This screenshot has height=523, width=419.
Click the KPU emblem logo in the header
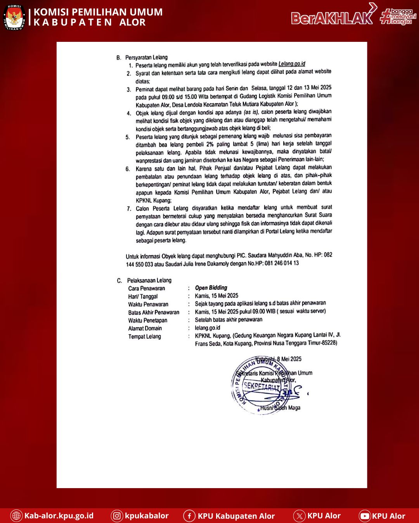click(x=14, y=17)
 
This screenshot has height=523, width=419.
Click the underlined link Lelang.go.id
click(x=292, y=64)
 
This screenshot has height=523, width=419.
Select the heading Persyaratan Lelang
click(x=146, y=57)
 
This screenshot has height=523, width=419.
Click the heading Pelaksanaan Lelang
click(x=149, y=280)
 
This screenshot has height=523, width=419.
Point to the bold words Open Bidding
click(x=211, y=288)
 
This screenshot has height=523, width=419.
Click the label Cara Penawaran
click(x=147, y=288)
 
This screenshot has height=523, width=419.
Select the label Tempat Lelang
click(x=145, y=336)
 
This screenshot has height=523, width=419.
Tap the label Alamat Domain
click(x=145, y=328)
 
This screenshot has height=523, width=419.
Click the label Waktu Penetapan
click(x=148, y=320)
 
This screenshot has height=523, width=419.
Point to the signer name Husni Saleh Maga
click(x=280, y=408)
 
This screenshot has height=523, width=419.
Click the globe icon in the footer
click(x=16, y=516)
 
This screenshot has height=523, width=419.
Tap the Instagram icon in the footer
click(x=117, y=516)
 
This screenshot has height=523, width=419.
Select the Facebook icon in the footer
click(x=189, y=516)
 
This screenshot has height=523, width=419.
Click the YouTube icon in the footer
click(x=365, y=516)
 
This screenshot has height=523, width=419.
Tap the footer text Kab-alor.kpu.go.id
click(x=59, y=516)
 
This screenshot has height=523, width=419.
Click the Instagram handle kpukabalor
click(x=147, y=516)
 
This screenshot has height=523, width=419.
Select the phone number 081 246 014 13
click(x=282, y=263)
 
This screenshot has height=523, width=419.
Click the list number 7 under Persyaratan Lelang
click(x=129, y=208)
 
